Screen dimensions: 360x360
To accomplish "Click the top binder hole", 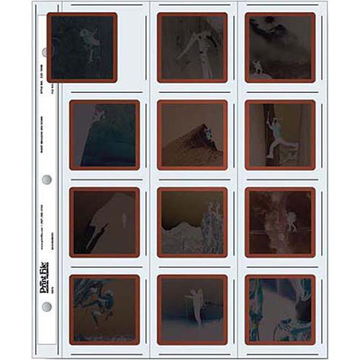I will point(47,53).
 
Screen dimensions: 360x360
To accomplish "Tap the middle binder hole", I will point(47,179).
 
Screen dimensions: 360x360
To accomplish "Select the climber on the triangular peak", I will point(207,133).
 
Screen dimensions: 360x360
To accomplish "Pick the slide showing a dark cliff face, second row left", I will point(104,135).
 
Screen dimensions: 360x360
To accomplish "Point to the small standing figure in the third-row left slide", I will point(123,220).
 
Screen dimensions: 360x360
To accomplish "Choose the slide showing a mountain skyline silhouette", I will point(192,222).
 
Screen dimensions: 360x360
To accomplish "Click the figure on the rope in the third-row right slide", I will point(290,220).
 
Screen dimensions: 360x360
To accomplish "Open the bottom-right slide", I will point(280,309).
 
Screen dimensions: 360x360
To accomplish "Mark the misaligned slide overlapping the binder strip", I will point(82,48).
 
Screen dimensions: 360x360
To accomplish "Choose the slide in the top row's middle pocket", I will point(192,48).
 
